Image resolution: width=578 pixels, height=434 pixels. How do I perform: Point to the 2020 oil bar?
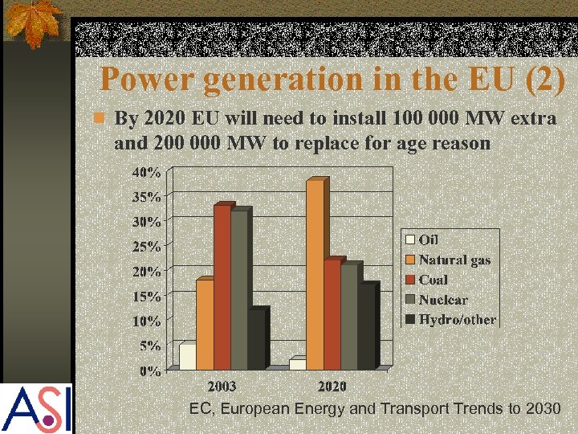click(x=297, y=363)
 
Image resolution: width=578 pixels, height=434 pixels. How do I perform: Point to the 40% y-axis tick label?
click(x=147, y=172)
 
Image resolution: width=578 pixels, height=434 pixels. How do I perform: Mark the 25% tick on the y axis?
click(x=147, y=246)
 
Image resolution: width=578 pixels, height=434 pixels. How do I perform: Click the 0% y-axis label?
click(x=150, y=371)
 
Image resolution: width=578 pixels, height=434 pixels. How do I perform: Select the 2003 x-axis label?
click(x=222, y=387)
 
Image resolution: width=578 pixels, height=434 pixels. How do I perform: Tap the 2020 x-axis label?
click(x=332, y=387)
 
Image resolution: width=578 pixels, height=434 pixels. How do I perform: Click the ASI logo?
click(x=36, y=408)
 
